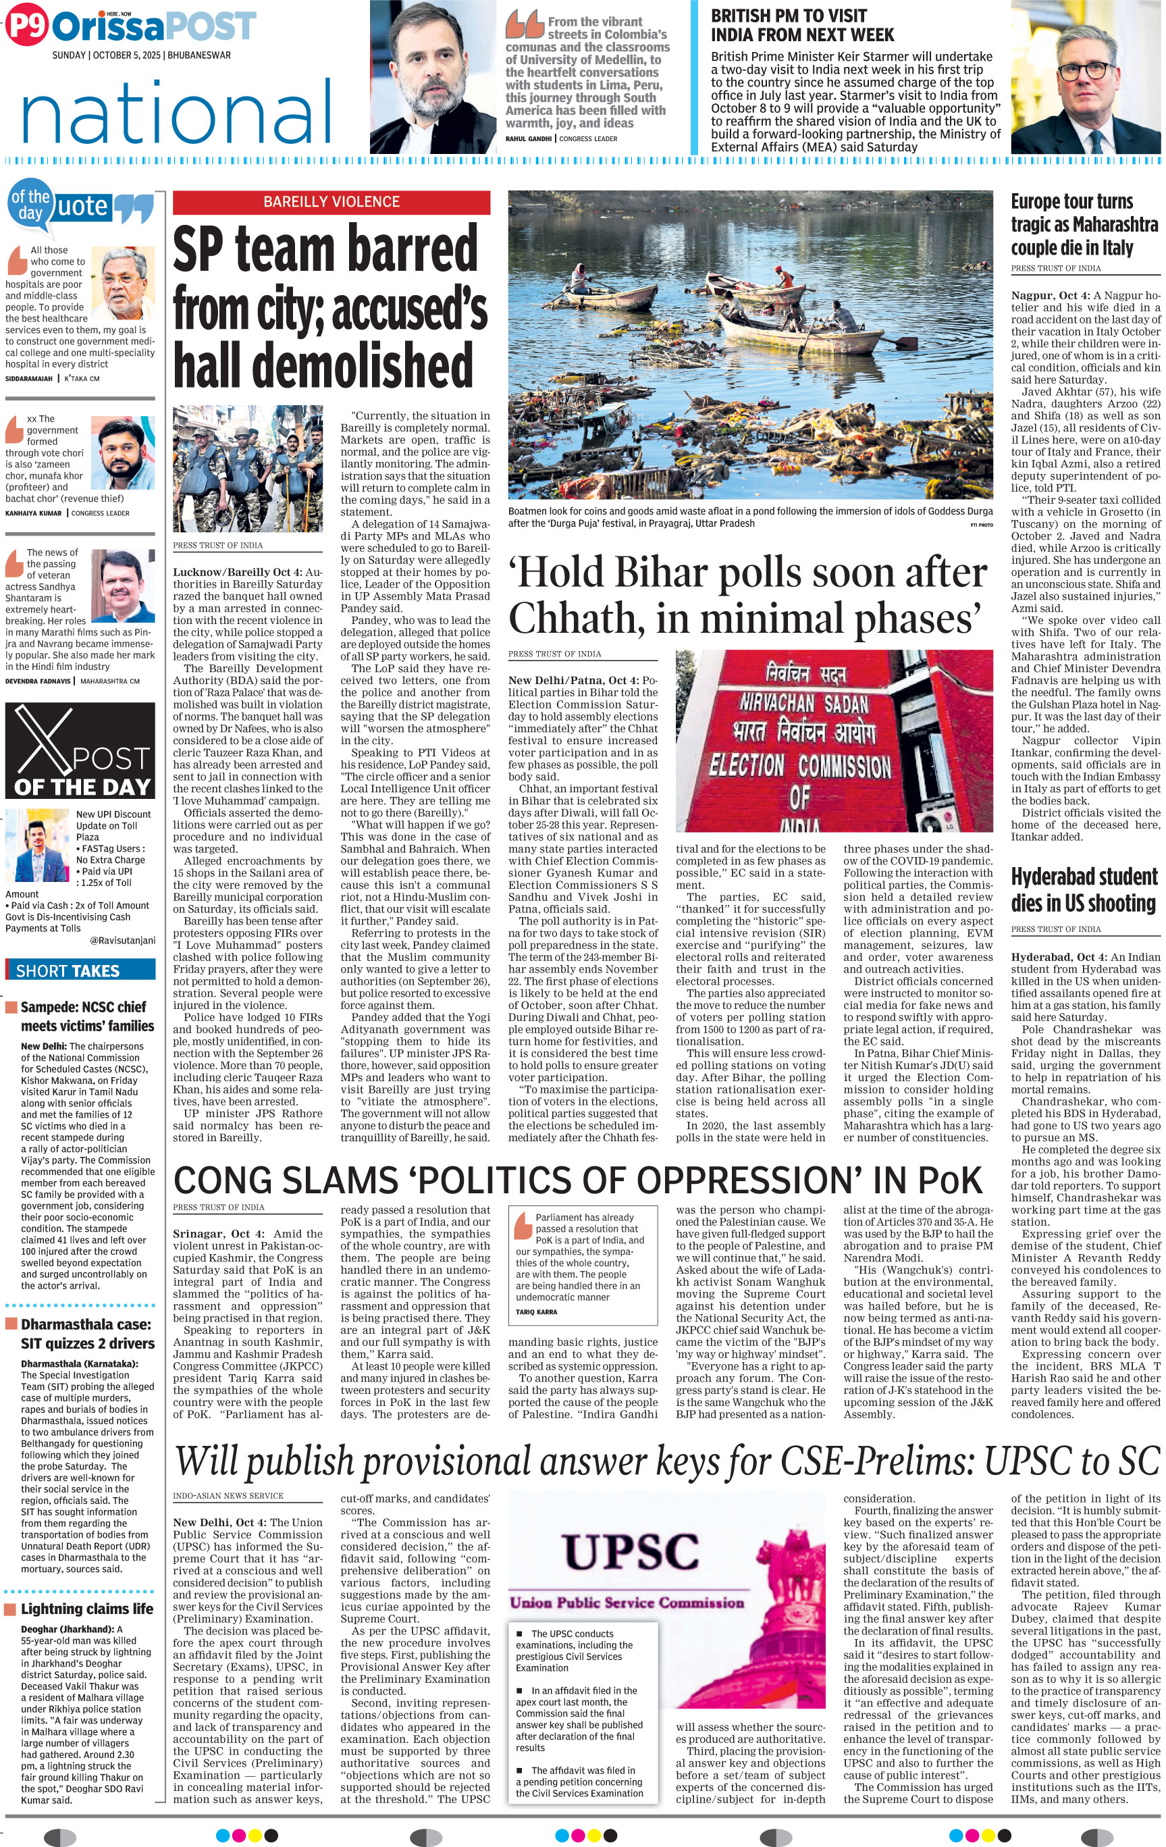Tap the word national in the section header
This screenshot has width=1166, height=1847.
point(176,113)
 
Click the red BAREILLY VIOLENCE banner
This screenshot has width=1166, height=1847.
point(332,202)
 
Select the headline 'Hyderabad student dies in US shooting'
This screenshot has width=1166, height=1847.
point(1083,890)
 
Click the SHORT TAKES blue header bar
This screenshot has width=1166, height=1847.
point(80,970)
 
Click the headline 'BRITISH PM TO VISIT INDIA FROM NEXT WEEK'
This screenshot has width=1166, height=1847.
point(802,25)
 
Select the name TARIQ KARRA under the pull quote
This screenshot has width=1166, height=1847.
point(537,1311)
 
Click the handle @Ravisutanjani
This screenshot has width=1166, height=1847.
point(122,939)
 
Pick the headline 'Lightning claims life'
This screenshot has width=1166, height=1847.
point(86,1609)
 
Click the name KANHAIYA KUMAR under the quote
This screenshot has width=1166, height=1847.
point(34,513)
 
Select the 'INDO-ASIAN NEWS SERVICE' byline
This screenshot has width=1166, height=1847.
point(228,1495)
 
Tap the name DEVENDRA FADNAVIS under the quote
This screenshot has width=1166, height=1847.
point(38,681)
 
